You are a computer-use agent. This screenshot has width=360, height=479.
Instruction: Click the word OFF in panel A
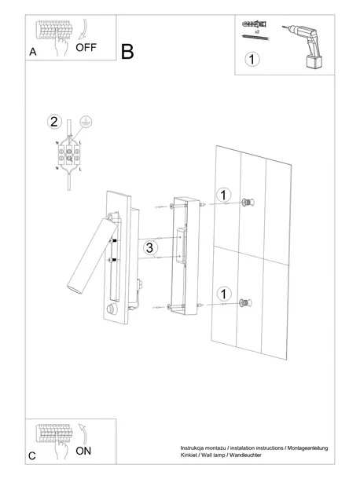[x=86, y=47]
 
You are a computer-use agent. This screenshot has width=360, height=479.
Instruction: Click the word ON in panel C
[x=83, y=451]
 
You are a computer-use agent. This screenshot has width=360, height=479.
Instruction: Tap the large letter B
[x=127, y=52]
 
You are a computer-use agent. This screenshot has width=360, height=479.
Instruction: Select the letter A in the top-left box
[x=33, y=52]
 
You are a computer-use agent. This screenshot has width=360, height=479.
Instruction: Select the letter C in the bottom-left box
[x=32, y=456]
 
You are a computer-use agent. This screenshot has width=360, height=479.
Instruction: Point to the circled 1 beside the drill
[x=252, y=59]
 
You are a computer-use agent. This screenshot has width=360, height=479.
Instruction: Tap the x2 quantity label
[x=257, y=31]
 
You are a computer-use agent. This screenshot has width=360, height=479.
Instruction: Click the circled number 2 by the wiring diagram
[x=54, y=122]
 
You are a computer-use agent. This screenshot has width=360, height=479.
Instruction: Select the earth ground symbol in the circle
[x=86, y=122]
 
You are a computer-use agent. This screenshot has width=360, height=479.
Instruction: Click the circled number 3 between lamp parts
[x=149, y=247]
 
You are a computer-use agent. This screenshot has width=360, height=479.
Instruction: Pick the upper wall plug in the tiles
[x=248, y=203]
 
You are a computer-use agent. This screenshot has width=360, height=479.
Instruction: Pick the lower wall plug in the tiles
[x=245, y=303]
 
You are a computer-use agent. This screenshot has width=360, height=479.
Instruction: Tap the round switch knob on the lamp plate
[x=112, y=309]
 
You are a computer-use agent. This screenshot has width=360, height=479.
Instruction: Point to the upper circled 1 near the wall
[x=223, y=196]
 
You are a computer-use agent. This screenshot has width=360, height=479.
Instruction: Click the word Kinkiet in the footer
[x=189, y=455]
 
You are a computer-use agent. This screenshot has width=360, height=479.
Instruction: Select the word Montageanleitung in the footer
[x=307, y=448]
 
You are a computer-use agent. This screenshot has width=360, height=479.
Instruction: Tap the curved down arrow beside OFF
[x=83, y=30]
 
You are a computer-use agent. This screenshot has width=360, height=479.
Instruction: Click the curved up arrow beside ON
[x=83, y=433]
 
